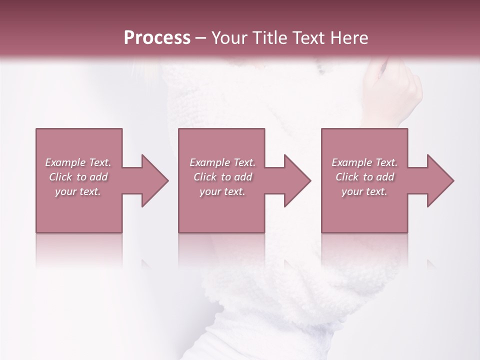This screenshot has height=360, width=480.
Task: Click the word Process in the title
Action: (157, 38)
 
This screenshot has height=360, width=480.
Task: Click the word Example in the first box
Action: (65, 162)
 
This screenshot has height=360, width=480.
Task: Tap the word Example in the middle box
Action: (209, 162)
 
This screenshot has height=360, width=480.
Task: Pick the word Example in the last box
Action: (351, 162)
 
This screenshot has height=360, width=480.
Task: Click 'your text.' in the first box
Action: (78, 191)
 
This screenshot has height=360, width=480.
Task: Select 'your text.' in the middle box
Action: (222, 191)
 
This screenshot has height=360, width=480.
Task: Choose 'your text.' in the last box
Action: (364, 191)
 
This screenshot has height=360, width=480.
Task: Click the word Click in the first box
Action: (60, 177)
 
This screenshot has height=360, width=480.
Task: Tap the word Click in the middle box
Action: (205, 177)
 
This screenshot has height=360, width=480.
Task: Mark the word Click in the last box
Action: (347, 177)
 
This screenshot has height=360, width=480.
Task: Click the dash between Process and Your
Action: (201, 38)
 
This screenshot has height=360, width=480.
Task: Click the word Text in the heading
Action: (305, 38)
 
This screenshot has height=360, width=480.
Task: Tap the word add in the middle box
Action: (243, 177)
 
